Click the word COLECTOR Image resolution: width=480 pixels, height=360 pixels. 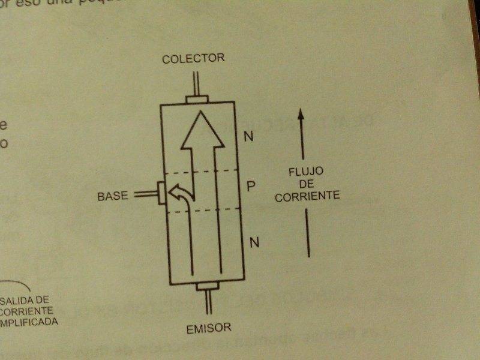pos(193,58)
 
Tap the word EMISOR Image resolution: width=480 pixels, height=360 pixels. pos(208,328)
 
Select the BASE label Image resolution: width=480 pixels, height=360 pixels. pos(112,196)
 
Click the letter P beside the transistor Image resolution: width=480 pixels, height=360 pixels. pos(251,186)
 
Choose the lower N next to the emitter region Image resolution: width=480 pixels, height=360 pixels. pos(254,242)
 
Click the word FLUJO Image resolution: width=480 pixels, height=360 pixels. pos(305,172)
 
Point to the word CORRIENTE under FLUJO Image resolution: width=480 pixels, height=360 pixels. pos(307,195)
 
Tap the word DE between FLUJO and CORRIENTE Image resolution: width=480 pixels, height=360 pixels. pos(305,184)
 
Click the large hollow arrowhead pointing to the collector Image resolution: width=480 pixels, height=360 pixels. pos(203,130)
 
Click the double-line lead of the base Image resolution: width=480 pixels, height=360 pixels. pos(144,194)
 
